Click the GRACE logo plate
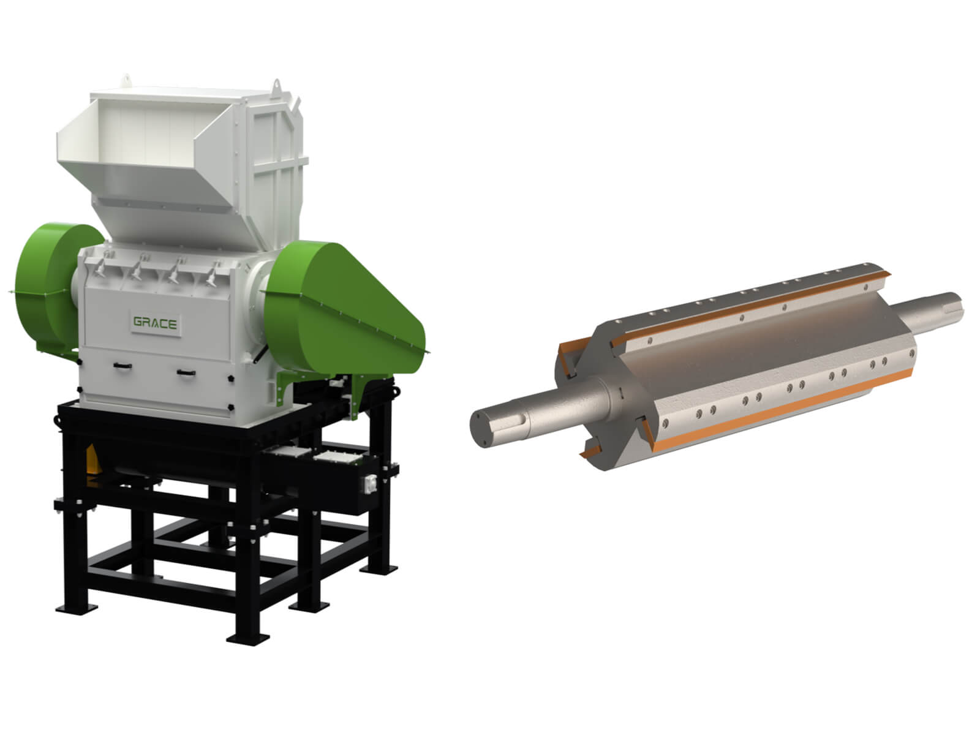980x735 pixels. coord(156,322)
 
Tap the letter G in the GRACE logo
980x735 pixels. coord(138,322)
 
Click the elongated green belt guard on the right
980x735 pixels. coord(344,308)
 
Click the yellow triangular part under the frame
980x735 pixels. coord(91,459)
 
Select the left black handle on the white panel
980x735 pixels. coord(123,366)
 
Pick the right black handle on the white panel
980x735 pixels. coord(186,372)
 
